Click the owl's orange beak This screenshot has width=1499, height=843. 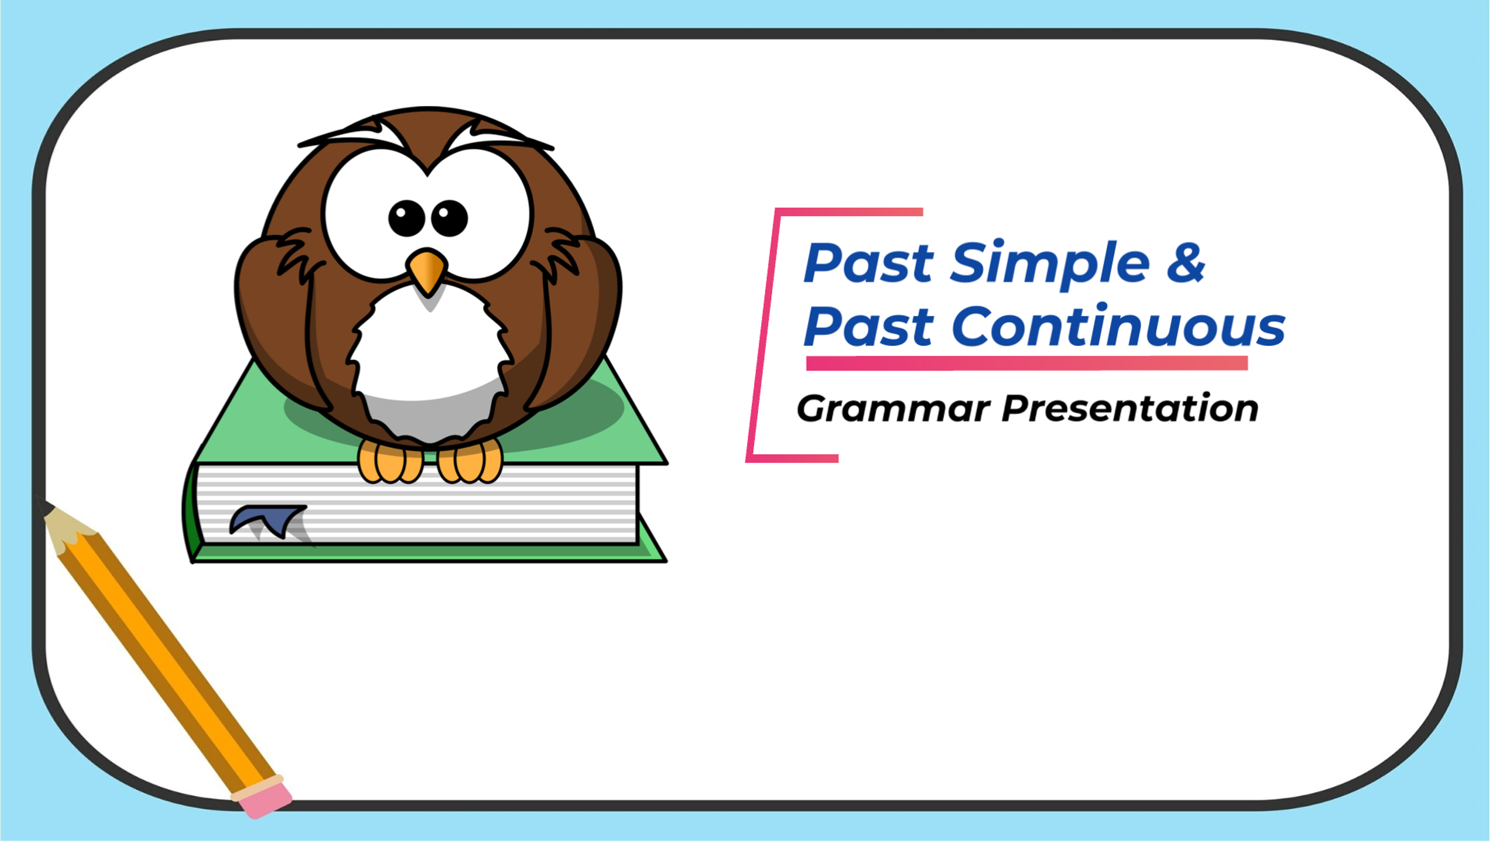[427, 269]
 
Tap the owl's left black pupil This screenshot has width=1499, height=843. [406, 218]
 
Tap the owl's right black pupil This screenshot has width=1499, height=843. [449, 218]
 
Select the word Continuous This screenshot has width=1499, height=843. [1118, 325]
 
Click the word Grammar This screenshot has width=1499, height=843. [893, 408]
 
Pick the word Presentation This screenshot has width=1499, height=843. [1130, 408]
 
